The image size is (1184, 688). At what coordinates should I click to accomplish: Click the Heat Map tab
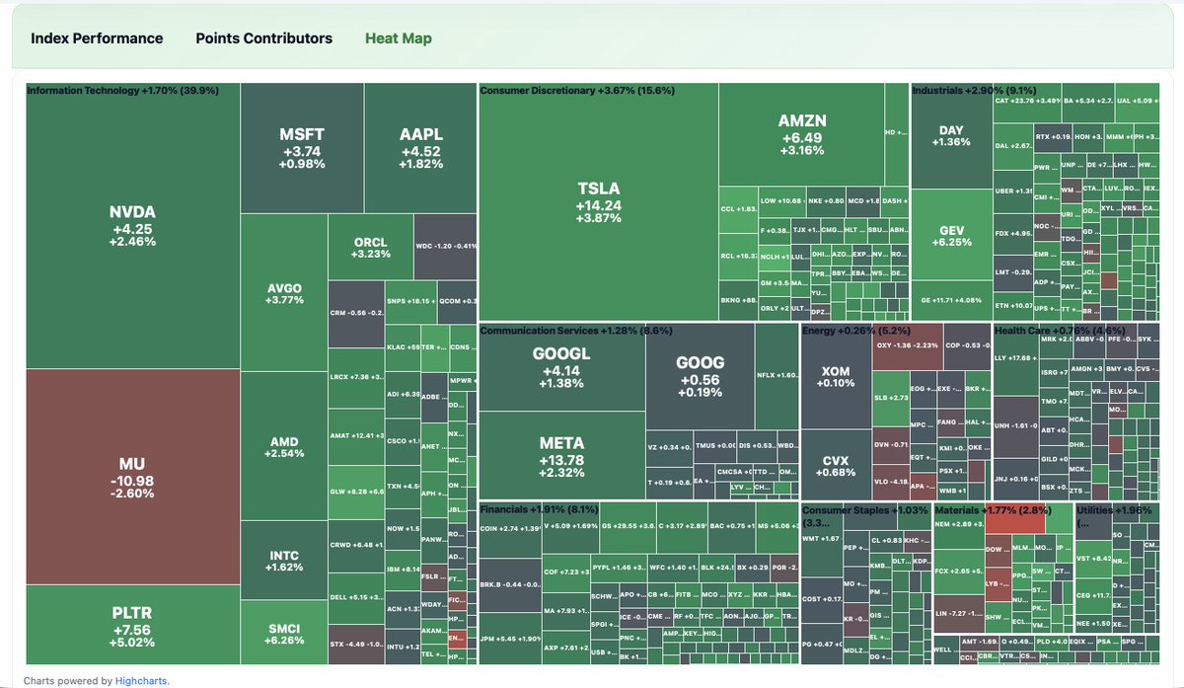click(x=398, y=38)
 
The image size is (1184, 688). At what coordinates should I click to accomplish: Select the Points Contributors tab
click(x=263, y=38)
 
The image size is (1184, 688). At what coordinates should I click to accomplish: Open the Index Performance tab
click(x=97, y=38)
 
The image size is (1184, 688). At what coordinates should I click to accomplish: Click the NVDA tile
click(x=133, y=226)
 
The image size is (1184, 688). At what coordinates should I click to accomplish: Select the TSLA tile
click(x=599, y=202)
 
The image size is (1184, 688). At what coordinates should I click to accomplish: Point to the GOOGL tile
click(x=561, y=368)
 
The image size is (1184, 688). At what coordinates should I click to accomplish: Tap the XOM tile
click(x=836, y=376)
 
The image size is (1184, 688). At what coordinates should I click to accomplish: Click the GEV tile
click(x=951, y=237)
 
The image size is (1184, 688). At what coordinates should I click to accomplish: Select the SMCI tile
click(x=284, y=634)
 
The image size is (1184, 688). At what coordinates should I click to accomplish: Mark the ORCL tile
click(x=370, y=248)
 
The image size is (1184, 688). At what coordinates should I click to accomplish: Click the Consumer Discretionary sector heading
click(x=576, y=91)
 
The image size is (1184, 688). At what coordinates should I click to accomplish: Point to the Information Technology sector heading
click(x=122, y=91)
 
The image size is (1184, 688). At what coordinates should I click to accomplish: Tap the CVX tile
click(x=836, y=466)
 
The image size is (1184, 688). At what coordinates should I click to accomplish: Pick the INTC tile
click(x=284, y=562)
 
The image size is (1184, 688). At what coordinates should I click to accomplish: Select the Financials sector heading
click(x=538, y=509)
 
